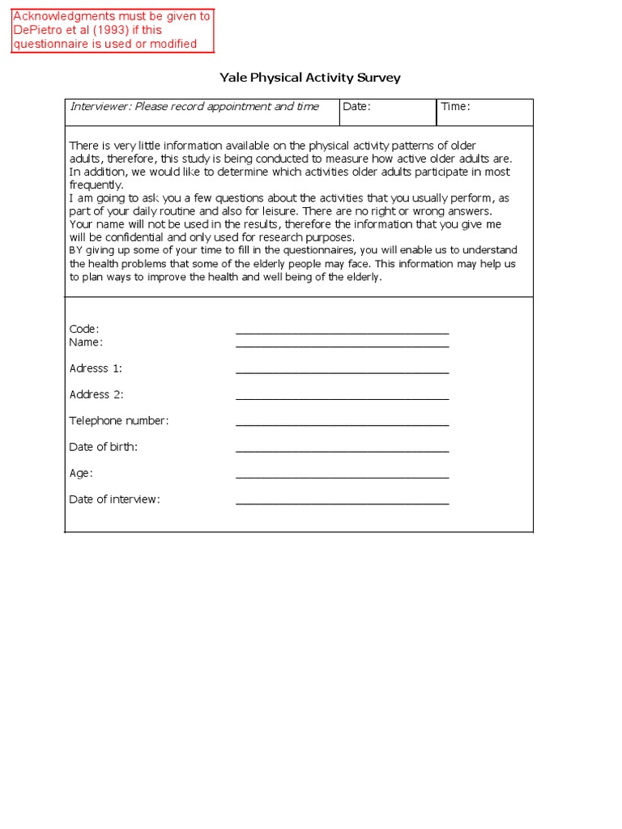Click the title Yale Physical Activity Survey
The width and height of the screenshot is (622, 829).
(310, 78)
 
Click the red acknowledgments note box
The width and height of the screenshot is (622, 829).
(113, 31)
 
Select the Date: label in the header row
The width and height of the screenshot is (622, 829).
(356, 107)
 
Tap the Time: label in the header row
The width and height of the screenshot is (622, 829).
(455, 107)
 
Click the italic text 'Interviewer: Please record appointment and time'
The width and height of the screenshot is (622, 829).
(194, 107)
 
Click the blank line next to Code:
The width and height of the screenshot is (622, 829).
(342, 331)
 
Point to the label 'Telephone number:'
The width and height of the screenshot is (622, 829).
(119, 421)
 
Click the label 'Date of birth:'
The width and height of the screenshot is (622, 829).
(103, 447)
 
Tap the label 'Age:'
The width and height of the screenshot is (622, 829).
(81, 473)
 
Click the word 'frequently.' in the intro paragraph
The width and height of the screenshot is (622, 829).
(96, 185)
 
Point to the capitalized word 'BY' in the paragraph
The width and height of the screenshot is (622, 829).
(76, 250)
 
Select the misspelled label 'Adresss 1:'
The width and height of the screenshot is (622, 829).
(96, 368)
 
